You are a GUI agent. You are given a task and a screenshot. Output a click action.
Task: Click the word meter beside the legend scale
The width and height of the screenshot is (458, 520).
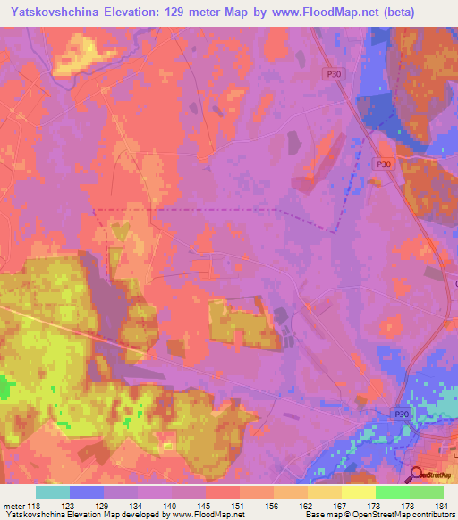coord(13,505)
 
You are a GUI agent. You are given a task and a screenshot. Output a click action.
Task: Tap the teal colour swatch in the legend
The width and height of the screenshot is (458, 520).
coord(53,492)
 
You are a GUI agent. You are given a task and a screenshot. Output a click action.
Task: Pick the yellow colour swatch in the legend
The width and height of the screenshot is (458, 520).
coord(358,492)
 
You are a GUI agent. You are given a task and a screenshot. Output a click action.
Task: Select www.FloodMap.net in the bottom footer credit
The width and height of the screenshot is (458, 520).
coord(207,516)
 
